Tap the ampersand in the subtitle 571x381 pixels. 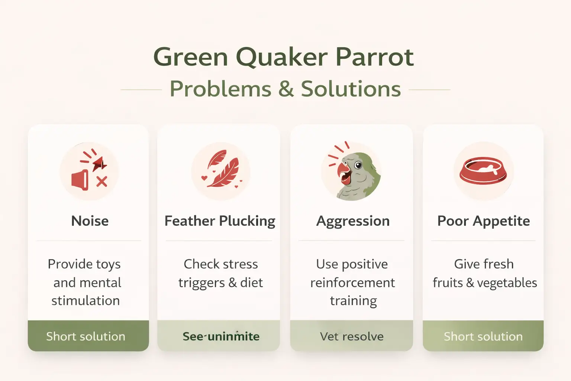coord(286,89)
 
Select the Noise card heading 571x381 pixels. coord(90,221)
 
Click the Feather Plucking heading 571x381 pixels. coord(220,221)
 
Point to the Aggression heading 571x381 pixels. coord(353,221)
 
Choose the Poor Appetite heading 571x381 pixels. coord(483,221)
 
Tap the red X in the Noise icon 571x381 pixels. coord(101,182)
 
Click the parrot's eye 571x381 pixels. coord(358,165)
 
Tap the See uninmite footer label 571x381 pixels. coord(221,336)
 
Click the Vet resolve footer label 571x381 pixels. coord(352,336)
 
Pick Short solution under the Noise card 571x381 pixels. coord(86,336)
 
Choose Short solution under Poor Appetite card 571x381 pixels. coord(483,336)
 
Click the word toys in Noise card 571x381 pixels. coord(108,265)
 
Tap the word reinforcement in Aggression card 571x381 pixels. coord(352,283)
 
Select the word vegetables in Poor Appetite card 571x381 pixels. coord(507,283)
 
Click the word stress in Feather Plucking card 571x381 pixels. coord(240,264)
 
